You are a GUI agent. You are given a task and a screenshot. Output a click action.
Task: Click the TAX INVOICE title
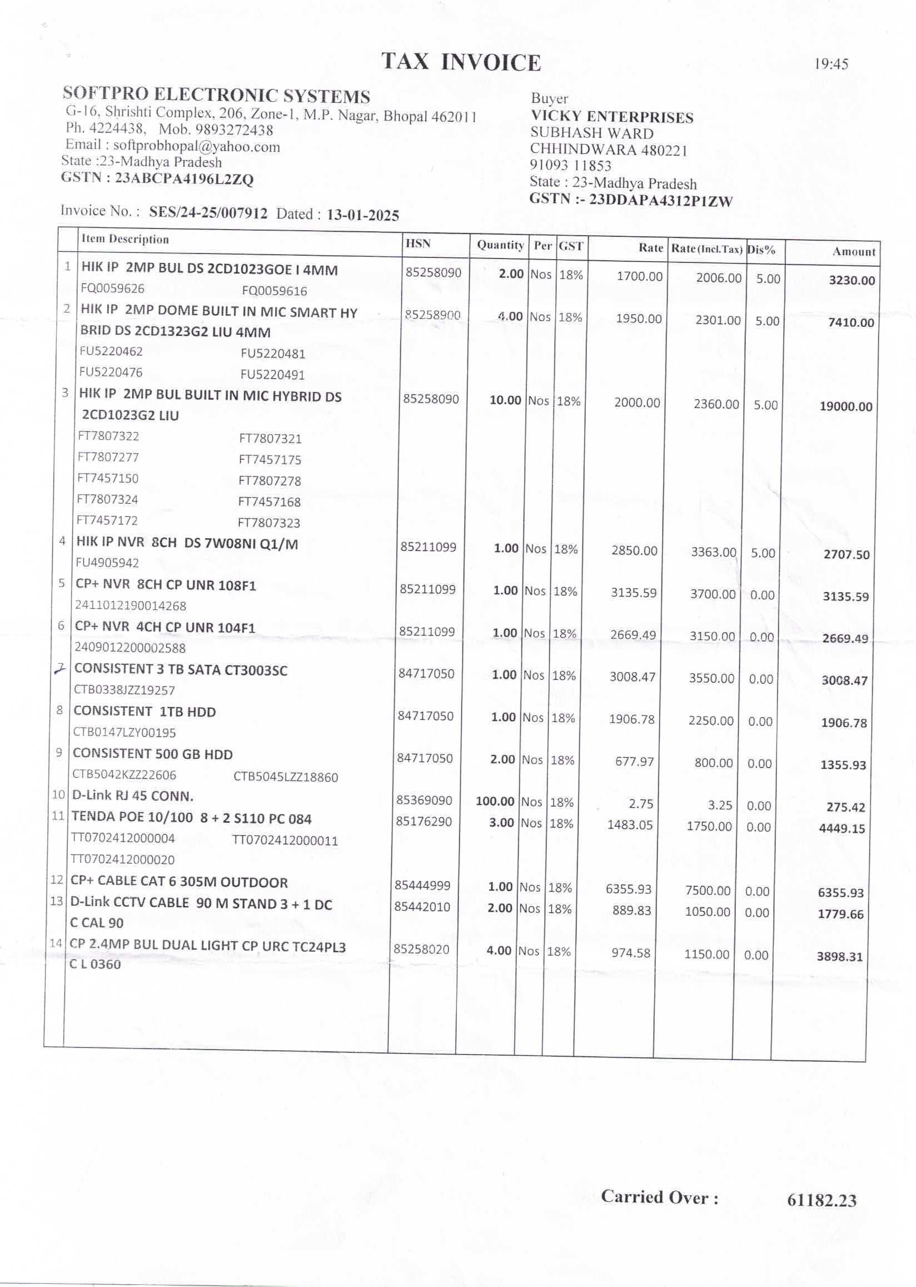pyautogui.click(x=461, y=62)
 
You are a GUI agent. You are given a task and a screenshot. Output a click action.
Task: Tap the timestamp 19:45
pyautogui.click(x=830, y=64)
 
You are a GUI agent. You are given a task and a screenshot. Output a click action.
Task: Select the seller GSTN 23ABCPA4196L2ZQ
pyautogui.click(x=184, y=179)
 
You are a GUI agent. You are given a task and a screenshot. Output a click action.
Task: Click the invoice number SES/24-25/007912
pyautogui.click(x=208, y=213)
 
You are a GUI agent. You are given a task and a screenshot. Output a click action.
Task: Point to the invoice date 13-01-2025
pyautogui.click(x=363, y=215)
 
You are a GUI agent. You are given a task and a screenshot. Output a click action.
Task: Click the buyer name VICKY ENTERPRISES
pyautogui.click(x=612, y=117)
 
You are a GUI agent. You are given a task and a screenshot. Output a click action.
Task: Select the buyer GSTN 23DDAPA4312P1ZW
pyautogui.click(x=660, y=201)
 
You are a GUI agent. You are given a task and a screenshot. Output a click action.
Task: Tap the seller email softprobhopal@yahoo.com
pyautogui.click(x=196, y=147)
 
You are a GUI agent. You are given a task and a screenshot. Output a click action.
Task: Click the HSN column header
pyautogui.click(x=418, y=243)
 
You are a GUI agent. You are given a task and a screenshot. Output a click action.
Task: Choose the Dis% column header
pyautogui.click(x=761, y=250)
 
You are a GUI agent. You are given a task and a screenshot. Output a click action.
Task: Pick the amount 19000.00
pyautogui.click(x=845, y=406)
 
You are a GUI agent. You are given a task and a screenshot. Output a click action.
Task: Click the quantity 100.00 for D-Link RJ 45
pyautogui.click(x=495, y=801)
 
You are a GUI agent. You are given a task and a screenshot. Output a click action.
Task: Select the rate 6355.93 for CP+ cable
pyautogui.click(x=628, y=888)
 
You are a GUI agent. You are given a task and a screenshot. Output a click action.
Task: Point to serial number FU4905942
pyautogui.click(x=107, y=563)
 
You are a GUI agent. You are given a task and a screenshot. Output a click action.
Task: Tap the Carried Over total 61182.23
pyautogui.click(x=822, y=1200)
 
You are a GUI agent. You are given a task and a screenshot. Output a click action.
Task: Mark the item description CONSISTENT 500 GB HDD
pyautogui.click(x=152, y=754)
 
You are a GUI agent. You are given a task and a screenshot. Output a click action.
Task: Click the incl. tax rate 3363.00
pyautogui.click(x=714, y=552)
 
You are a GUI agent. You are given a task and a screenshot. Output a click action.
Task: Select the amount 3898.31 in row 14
pyautogui.click(x=839, y=956)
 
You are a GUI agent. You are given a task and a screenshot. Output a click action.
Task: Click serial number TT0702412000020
pyautogui.click(x=122, y=859)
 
